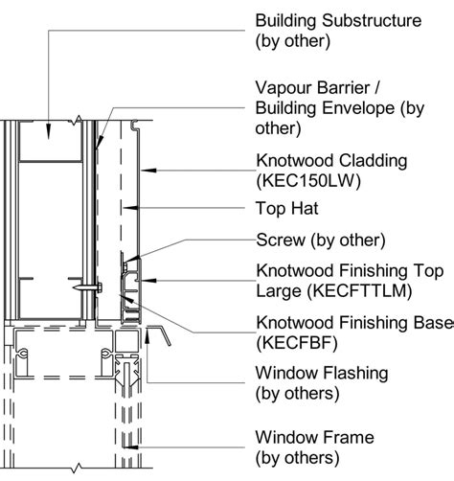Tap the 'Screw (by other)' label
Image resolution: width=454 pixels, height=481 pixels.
click(x=320, y=240)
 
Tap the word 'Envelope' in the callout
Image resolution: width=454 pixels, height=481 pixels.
click(x=359, y=107)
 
